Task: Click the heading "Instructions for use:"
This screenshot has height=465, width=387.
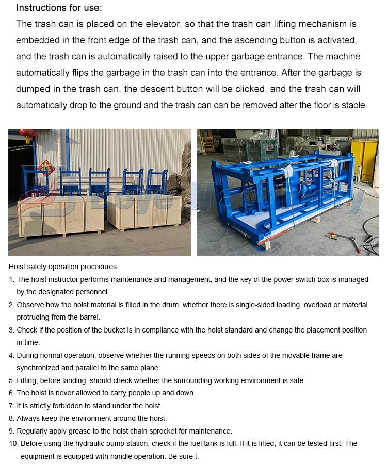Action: pos(59,8)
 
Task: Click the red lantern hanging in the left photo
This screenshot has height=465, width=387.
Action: pos(27,135)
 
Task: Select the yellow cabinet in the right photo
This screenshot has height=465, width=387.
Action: pos(364,160)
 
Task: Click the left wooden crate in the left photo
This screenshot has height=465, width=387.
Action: pos(60,215)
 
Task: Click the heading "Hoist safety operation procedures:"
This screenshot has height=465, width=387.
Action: pos(63,267)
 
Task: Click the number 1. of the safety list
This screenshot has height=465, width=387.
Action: pos(12,279)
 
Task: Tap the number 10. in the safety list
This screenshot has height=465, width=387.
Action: pos(14,443)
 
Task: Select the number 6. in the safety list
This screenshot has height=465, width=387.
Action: pos(12,393)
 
